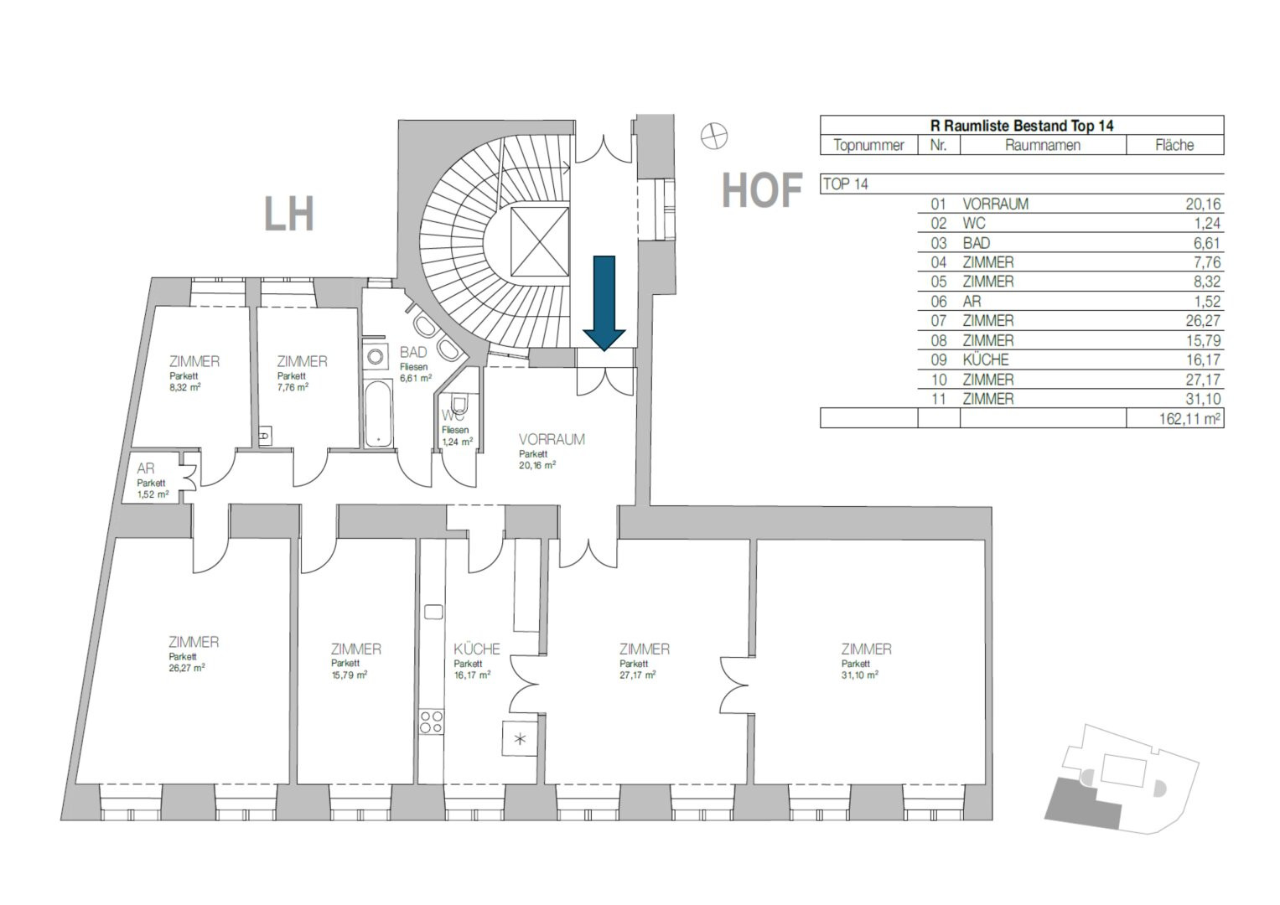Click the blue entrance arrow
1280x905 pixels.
(604, 303)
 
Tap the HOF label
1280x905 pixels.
(762, 191)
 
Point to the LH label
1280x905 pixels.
(289, 215)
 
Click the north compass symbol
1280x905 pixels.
(713, 137)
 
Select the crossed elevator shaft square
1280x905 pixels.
(540, 241)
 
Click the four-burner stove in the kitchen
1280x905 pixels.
(432, 721)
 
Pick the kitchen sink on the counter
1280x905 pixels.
(433, 612)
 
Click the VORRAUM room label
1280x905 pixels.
(552, 439)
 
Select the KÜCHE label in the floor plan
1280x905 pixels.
(477, 649)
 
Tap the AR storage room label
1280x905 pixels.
(145, 468)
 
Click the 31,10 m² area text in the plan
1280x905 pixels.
(859, 675)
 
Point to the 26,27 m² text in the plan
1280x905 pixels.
(187, 667)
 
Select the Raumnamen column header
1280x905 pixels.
(1043, 145)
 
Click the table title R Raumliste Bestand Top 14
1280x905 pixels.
(1022, 126)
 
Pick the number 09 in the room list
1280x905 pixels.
(938, 360)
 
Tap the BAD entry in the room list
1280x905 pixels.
(976, 243)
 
